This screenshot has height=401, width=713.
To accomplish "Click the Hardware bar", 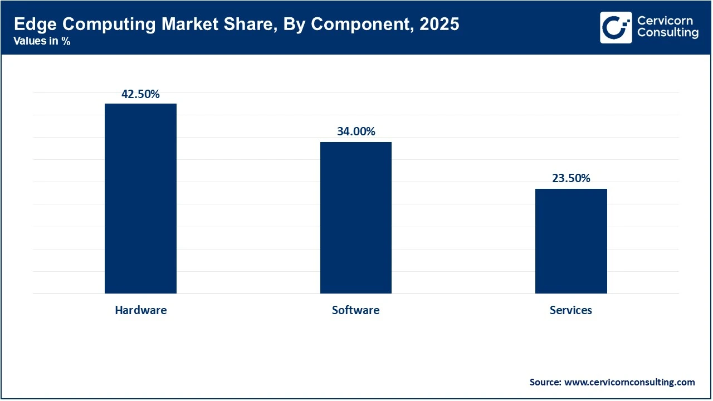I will click(x=140, y=198).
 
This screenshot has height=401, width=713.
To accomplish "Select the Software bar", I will click(x=355, y=218).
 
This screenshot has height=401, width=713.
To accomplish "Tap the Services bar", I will click(x=571, y=241).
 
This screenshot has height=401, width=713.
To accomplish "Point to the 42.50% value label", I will click(x=140, y=94).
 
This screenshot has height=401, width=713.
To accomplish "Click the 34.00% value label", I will click(x=355, y=131).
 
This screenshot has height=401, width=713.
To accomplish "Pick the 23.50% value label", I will click(x=571, y=178).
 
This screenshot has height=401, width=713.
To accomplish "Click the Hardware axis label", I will click(x=140, y=310).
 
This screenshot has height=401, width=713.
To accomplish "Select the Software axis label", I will click(x=355, y=310).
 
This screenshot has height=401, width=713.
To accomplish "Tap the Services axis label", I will click(x=571, y=310).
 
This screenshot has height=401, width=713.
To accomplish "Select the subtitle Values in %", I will click(x=42, y=41).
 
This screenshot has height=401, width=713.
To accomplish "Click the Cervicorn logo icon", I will click(x=616, y=27).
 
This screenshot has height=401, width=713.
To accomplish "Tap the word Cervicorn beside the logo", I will click(x=665, y=21).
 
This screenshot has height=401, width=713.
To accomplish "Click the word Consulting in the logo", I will click(x=667, y=33).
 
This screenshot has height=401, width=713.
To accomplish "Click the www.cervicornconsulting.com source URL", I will click(x=629, y=382).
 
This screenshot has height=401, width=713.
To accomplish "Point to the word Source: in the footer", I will click(x=545, y=382).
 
